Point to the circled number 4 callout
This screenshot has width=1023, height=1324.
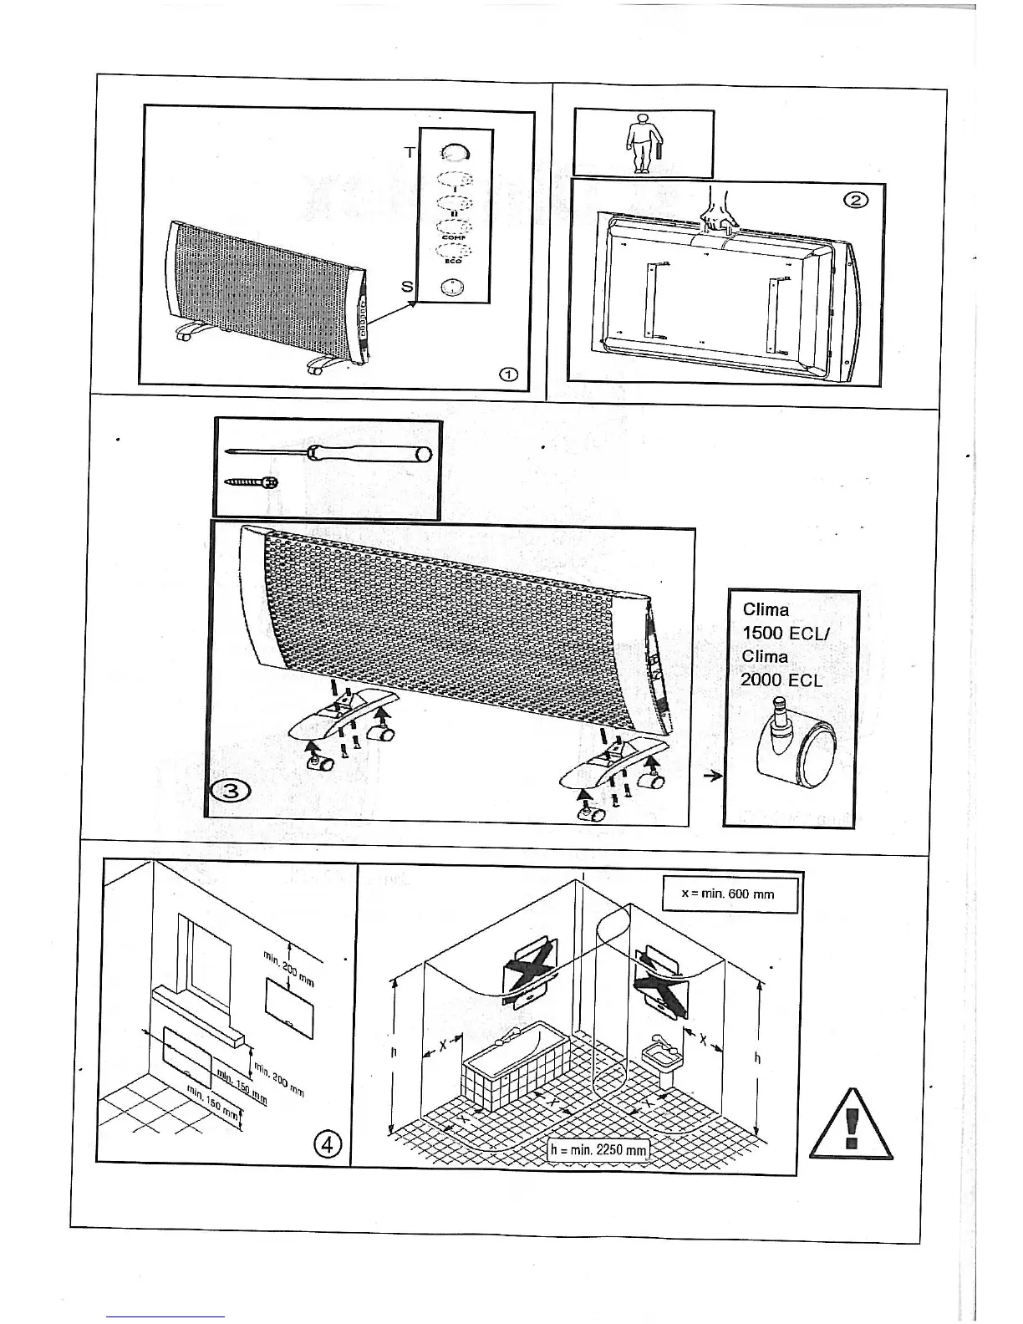click(328, 1144)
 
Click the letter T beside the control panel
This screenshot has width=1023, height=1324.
click(410, 152)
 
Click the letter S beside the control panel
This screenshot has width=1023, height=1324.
click(407, 287)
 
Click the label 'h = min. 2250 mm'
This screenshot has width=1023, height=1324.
click(598, 1150)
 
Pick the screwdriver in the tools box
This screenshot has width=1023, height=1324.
click(331, 453)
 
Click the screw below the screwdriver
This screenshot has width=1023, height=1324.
click(252, 482)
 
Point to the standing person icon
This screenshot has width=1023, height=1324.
click(642, 144)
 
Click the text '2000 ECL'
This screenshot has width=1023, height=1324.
click(781, 680)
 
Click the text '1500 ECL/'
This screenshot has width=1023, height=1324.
click(784, 633)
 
